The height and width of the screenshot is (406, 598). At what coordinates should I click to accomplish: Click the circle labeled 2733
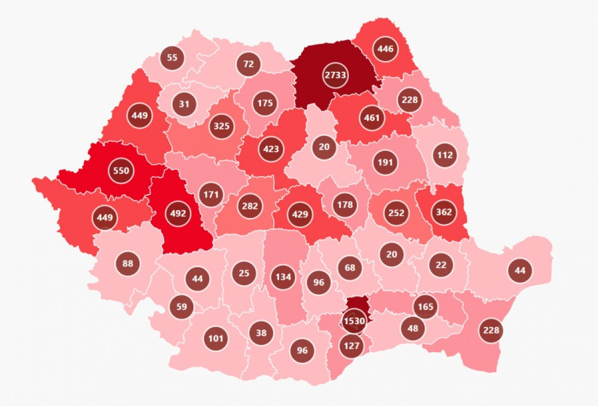tap(336, 75)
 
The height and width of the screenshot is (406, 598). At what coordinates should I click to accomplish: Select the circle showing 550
tap(121, 171)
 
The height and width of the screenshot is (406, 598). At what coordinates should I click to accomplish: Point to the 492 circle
tap(178, 213)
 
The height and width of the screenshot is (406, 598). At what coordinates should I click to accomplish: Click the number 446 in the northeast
tap(386, 49)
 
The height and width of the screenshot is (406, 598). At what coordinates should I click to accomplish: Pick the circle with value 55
tap(172, 57)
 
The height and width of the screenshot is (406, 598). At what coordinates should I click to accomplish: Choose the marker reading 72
tap(249, 64)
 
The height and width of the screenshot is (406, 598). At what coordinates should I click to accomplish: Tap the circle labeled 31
tap(184, 104)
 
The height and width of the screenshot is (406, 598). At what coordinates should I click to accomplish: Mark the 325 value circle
tap(221, 126)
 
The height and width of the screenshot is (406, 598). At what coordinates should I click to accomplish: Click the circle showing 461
tap(372, 118)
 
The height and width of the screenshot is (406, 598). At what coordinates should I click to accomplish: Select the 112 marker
tap(445, 155)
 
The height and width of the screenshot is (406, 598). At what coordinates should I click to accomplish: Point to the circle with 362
tap(444, 211)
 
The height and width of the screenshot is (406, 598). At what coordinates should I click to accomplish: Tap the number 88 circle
tap(128, 263)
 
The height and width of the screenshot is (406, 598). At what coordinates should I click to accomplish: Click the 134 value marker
tap(283, 277)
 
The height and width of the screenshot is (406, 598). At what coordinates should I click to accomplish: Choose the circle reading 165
tap(426, 306)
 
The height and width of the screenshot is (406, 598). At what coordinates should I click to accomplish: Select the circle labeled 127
tap(352, 345)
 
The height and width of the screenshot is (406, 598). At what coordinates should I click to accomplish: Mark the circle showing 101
tap(216, 339)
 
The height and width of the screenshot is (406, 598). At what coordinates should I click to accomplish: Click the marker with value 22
tap(441, 265)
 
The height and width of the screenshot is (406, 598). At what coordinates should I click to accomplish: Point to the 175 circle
tap(265, 103)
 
